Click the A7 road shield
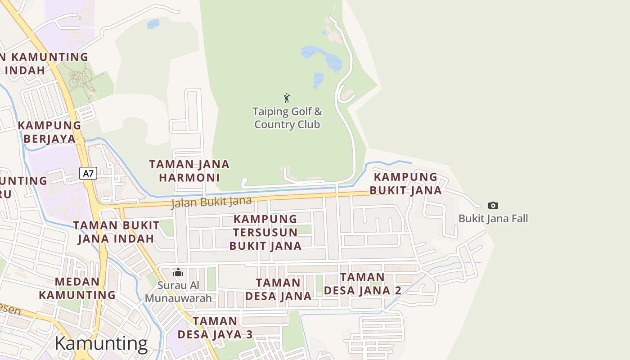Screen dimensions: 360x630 coord(88,173)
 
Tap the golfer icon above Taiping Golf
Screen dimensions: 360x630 coord(287,98)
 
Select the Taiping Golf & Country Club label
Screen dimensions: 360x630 coord(287,118)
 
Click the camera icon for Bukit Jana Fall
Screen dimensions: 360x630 coord(493,205)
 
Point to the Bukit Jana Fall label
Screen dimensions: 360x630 coord(493,219)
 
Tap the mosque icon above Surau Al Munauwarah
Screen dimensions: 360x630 coord(178,272)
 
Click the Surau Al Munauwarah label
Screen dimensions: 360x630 coord(178,292)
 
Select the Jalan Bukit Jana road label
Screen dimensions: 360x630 coord(211,202)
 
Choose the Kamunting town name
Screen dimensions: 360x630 coord(101,344)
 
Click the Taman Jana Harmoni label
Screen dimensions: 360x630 coord(189,171)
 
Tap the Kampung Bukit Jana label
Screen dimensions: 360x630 coord(406,184)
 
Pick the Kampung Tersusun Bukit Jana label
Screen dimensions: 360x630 coord(265,232)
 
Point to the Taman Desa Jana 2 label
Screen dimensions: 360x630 coord(363,283)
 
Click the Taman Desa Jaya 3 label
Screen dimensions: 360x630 coord(215,328)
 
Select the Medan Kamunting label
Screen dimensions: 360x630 coord(77,288)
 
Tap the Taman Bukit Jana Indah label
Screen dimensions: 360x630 coord(117,231)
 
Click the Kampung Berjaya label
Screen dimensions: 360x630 coord(49,132)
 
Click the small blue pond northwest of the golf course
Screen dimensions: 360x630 coord(153,23)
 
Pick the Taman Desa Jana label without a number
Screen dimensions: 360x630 coord(278,289)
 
